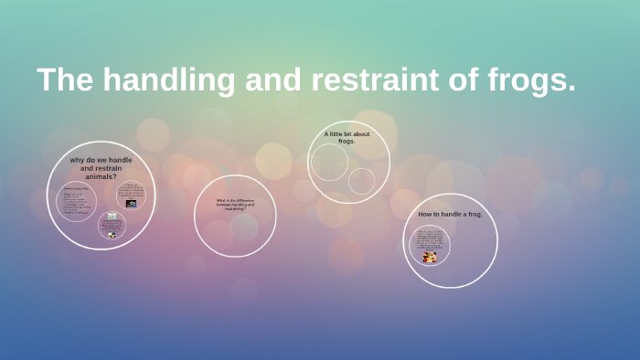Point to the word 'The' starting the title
[67, 80]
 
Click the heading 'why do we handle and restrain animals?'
[101, 167]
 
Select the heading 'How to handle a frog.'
[450, 214]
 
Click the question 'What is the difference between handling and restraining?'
[235, 205]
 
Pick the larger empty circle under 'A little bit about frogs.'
[329, 163]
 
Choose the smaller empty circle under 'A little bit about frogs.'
[361, 181]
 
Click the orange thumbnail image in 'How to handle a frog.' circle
[429, 258]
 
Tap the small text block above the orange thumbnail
[429, 239]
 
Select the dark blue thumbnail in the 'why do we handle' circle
[131, 204]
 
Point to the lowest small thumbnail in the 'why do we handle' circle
[112, 235]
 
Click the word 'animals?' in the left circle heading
[101, 176]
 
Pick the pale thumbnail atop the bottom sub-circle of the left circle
[112, 217]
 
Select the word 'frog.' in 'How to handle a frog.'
[474, 214]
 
